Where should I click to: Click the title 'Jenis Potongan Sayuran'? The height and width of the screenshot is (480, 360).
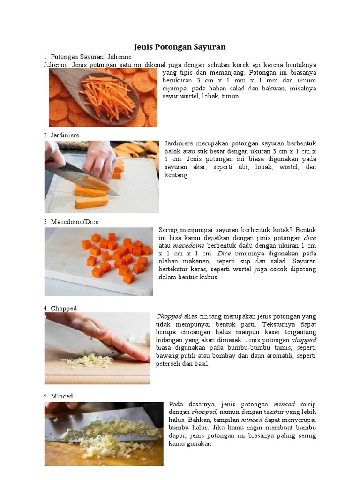point(180,47)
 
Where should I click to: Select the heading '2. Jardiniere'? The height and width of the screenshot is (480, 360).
point(61,135)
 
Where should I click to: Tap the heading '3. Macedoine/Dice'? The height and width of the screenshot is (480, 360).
point(71,222)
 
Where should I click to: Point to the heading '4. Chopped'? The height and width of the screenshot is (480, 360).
point(60,308)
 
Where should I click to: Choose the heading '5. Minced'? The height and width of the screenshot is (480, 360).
point(58,396)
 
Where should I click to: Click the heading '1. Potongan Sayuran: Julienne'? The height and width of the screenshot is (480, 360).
point(88,57)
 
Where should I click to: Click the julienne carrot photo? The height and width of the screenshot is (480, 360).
point(103,97)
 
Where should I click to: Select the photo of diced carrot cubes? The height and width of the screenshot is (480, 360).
point(98,262)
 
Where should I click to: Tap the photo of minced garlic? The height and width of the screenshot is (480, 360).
point(104,434)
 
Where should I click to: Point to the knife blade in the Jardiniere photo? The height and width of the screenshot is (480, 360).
point(82,178)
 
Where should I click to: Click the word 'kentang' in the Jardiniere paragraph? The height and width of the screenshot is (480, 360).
point(177,175)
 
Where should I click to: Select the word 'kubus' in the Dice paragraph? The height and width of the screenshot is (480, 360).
point(209,277)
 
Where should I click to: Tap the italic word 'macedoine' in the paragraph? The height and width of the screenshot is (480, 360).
point(188,246)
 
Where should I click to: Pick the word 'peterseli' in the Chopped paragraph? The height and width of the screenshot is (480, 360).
point(168,364)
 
